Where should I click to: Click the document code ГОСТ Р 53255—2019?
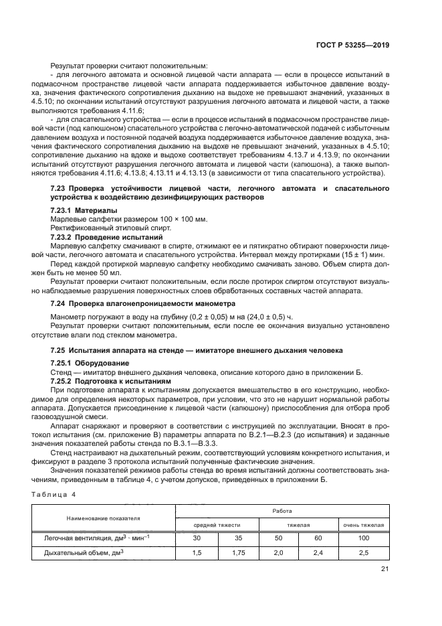click(x=357, y=46)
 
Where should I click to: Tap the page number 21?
click(x=384, y=570)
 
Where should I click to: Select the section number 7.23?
click(x=58, y=189)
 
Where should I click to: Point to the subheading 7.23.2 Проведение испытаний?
click(x=106, y=237)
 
